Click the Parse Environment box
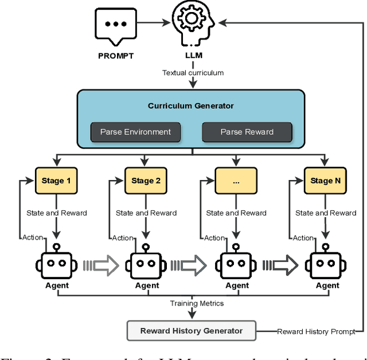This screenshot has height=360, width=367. (x=135, y=132)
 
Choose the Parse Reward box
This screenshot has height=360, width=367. (x=247, y=132)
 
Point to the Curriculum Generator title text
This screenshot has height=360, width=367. (x=191, y=106)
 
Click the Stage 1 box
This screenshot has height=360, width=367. (x=56, y=181)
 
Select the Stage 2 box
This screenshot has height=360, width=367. (x=146, y=181)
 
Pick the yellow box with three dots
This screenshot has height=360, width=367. (x=236, y=181)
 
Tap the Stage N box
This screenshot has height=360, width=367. (x=326, y=181)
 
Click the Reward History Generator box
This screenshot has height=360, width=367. (x=191, y=331)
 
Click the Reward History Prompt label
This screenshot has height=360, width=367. (x=317, y=331)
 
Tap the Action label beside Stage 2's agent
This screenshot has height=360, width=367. (x=122, y=237)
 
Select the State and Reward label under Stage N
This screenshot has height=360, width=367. (x=326, y=213)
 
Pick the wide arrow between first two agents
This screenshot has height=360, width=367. (x=101, y=265)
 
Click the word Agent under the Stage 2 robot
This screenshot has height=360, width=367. (x=147, y=285)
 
